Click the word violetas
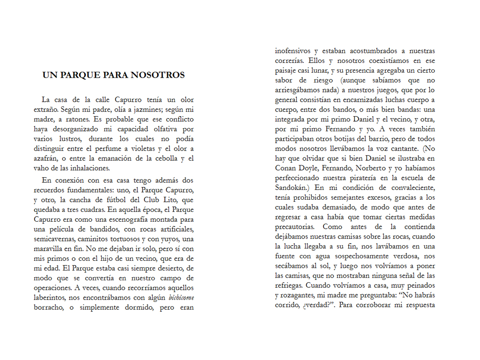pos(139,149)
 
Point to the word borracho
pos(49,307)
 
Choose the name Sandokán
pos(293,187)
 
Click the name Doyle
pos(309,168)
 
